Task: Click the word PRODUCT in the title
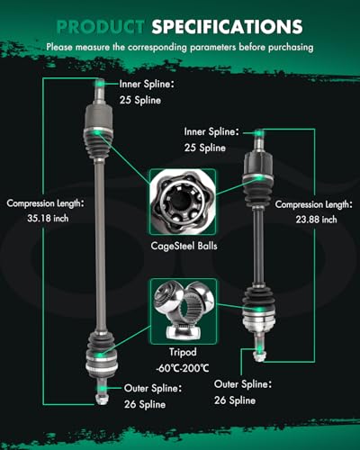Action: [x=101, y=26]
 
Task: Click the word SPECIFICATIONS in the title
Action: [x=227, y=26]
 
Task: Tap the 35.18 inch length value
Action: [x=48, y=218]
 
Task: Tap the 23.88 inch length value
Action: [x=316, y=220]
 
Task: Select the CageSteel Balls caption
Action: [x=184, y=246]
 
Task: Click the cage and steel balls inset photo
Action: [x=183, y=202]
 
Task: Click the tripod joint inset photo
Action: [x=183, y=311]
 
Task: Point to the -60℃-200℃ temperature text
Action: [x=183, y=368]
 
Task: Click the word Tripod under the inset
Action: [x=183, y=352]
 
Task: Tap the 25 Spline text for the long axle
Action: [x=140, y=100]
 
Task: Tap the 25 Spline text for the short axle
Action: [x=205, y=148]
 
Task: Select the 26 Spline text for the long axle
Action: [x=145, y=404]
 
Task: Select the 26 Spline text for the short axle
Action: [x=235, y=400]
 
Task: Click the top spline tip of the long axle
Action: [x=100, y=84]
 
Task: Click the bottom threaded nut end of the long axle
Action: [x=102, y=398]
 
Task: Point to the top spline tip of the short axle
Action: [x=259, y=134]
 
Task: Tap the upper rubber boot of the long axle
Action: [x=98, y=143]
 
